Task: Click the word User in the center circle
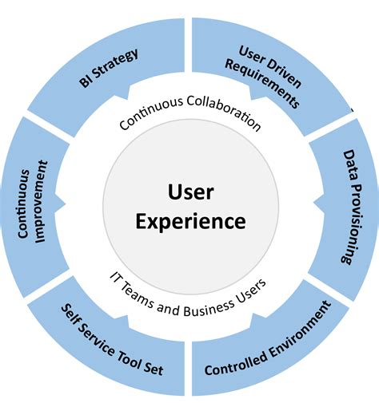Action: coord(189,191)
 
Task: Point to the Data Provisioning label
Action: coord(349,206)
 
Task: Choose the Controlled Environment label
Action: coord(267,338)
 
